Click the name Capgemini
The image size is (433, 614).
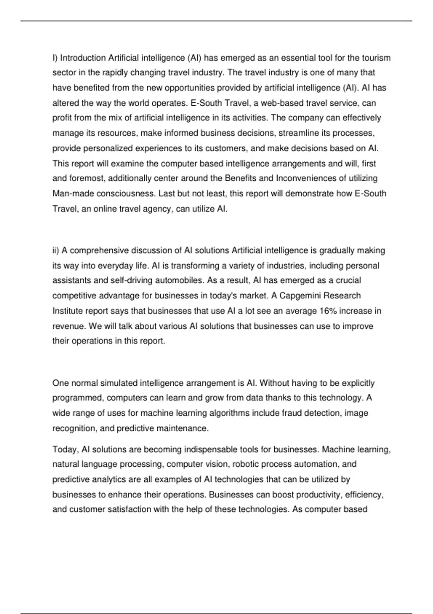click(300, 295)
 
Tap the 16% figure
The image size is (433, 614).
click(328, 311)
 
